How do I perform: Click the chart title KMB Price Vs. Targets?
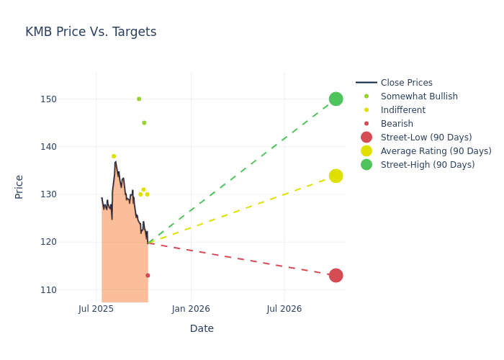point(91,32)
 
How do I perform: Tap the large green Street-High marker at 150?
point(336,99)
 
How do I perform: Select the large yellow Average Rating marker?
point(336,176)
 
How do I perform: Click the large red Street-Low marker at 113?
point(336,275)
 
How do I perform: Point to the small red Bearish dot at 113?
point(148,275)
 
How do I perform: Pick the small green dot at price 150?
point(139,99)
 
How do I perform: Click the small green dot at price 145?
point(144,122)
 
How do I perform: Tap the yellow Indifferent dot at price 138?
point(114,156)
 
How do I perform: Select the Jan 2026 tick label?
point(191,309)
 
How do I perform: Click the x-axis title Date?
point(202,328)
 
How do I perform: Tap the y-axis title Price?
point(19,186)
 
